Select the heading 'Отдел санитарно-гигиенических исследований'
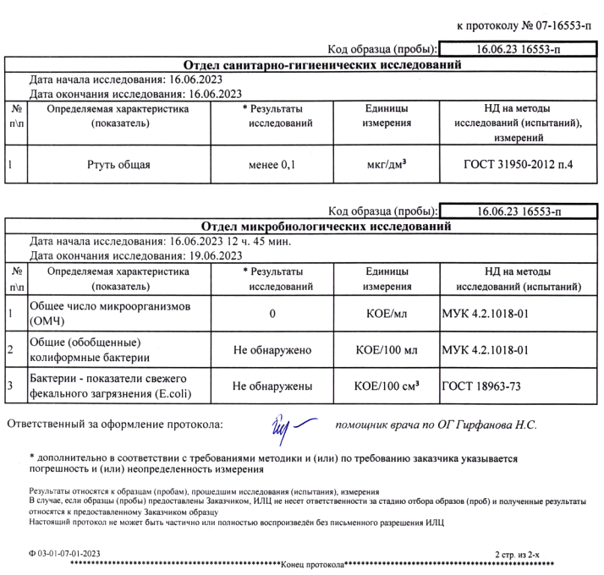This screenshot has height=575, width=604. click(322, 65)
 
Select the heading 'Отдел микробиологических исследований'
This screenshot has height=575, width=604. click(322, 227)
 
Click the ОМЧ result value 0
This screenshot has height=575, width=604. click(272, 315)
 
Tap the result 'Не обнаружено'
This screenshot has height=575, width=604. click(272, 350)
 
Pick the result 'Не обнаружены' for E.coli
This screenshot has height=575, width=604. click(272, 386)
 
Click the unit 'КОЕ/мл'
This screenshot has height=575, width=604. click(387, 315)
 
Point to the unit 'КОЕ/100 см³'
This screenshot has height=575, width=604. click(387, 386)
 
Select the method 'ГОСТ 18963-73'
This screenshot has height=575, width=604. click(483, 386)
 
